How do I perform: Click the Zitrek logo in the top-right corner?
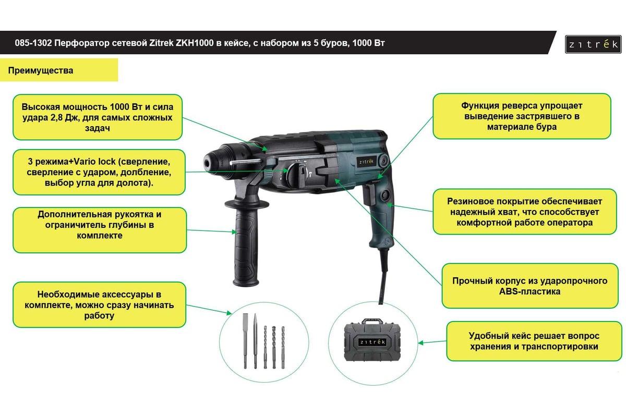pos(593,44)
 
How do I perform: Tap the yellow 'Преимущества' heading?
pos(58,70)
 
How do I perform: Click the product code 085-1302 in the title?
pos(33,43)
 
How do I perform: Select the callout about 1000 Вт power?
pos(98,117)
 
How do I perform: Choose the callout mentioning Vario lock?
pos(99,172)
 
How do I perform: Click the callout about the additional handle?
pos(100,230)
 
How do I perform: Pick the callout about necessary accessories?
pos(99,305)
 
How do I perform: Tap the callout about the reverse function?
pos(522,116)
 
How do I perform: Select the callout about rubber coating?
pos(525,212)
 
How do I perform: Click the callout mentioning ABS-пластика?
pos(530,286)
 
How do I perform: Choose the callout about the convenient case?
pos(534,341)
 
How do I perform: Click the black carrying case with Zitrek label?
pos(372,340)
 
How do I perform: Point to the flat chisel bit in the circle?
pos(245,341)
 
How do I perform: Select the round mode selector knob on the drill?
pos(297,174)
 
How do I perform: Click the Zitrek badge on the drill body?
pos(366,162)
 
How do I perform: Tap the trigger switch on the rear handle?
pos(369,193)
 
